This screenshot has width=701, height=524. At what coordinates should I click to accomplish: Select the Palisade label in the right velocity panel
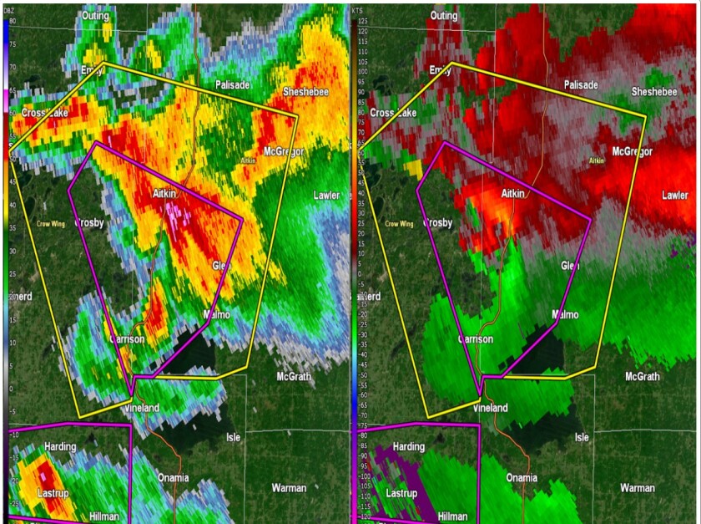click(581, 85)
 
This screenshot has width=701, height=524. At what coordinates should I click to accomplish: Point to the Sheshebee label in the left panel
click(305, 91)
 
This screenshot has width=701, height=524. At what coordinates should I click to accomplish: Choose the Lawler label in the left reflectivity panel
click(326, 195)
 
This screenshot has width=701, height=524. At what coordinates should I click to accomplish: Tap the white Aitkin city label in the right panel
click(512, 193)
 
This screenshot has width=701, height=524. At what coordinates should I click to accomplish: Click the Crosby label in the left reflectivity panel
click(88, 223)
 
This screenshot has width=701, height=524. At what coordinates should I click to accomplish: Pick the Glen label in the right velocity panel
click(570, 265)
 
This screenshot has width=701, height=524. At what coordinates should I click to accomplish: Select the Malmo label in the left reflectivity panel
click(217, 315)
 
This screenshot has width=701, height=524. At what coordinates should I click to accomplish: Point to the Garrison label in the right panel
click(476, 339)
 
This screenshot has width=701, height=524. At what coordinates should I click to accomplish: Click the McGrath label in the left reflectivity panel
click(293, 377)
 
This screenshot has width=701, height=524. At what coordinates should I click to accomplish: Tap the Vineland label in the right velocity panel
click(490, 408)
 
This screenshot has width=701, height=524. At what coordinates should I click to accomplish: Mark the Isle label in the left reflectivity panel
click(233, 437)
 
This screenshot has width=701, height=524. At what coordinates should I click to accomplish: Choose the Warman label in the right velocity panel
click(638, 487)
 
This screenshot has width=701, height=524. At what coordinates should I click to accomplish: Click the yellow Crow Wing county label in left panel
click(50, 223)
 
